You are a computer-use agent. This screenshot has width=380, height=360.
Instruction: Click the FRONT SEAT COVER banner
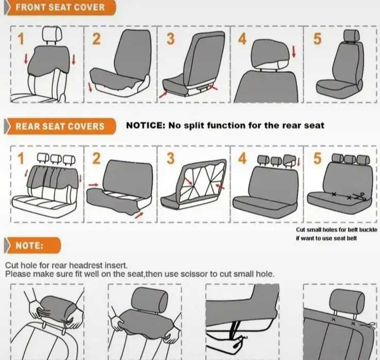pyautogui.click(x=60, y=8)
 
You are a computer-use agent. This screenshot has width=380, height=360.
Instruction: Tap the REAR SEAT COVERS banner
pyautogui.click(x=60, y=126)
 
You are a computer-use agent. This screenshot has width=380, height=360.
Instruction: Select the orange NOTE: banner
pyautogui.click(x=32, y=246)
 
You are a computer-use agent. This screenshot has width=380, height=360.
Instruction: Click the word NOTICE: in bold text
pyautogui.click(x=145, y=125)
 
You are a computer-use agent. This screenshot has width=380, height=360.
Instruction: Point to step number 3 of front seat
pyautogui.click(x=171, y=39)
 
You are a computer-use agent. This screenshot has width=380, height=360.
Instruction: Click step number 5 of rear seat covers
pyautogui.click(x=318, y=158)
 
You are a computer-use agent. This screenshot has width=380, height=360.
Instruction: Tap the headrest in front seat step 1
pyautogui.click(x=52, y=35)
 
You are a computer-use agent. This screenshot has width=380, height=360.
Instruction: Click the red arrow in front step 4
pyautogui.click(x=294, y=52)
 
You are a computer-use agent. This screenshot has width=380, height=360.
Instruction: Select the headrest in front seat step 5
pyautogui.click(x=352, y=36)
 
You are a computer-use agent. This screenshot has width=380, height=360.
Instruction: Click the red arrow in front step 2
pyautogui.click(x=90, y=87)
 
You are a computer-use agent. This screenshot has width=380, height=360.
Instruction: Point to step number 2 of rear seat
pyautogui.click(x=96, y=158)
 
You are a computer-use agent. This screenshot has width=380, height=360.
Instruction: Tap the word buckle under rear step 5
pyautogui.click(x=368, y=230)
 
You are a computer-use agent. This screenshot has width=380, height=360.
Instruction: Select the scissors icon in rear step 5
pyautogui.click(x=360, y=196)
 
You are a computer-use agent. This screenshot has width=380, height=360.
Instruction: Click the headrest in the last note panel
pyautogui.click(x=347, y=302)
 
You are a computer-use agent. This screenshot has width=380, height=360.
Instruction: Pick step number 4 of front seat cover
pyautogui.click(x=242, y=39)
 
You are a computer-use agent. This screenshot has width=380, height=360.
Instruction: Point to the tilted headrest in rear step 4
pyautogui.click(x=289, y=161)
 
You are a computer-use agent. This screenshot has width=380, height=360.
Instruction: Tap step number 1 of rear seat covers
pyautogui.click(x=21, y=158)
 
